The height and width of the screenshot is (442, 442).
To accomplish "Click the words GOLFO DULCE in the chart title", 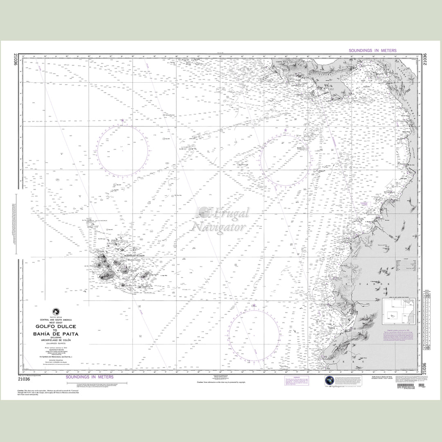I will [x=56, y=326].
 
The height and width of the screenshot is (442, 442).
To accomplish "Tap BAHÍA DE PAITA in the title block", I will [x=56, y=334].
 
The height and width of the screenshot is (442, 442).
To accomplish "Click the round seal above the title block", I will [x=55, y=311].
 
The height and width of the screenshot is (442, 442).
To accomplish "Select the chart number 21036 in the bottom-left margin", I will [x=24, y=379].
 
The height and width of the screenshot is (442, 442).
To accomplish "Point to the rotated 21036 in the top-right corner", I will [x=425, y=60].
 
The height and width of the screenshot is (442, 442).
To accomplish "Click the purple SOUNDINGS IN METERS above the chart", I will [x=372, y=50].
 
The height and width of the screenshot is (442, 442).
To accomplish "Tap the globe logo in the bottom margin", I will [x=330, y=381].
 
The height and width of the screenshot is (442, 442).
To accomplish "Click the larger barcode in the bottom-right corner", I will [x=407, y=386].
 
